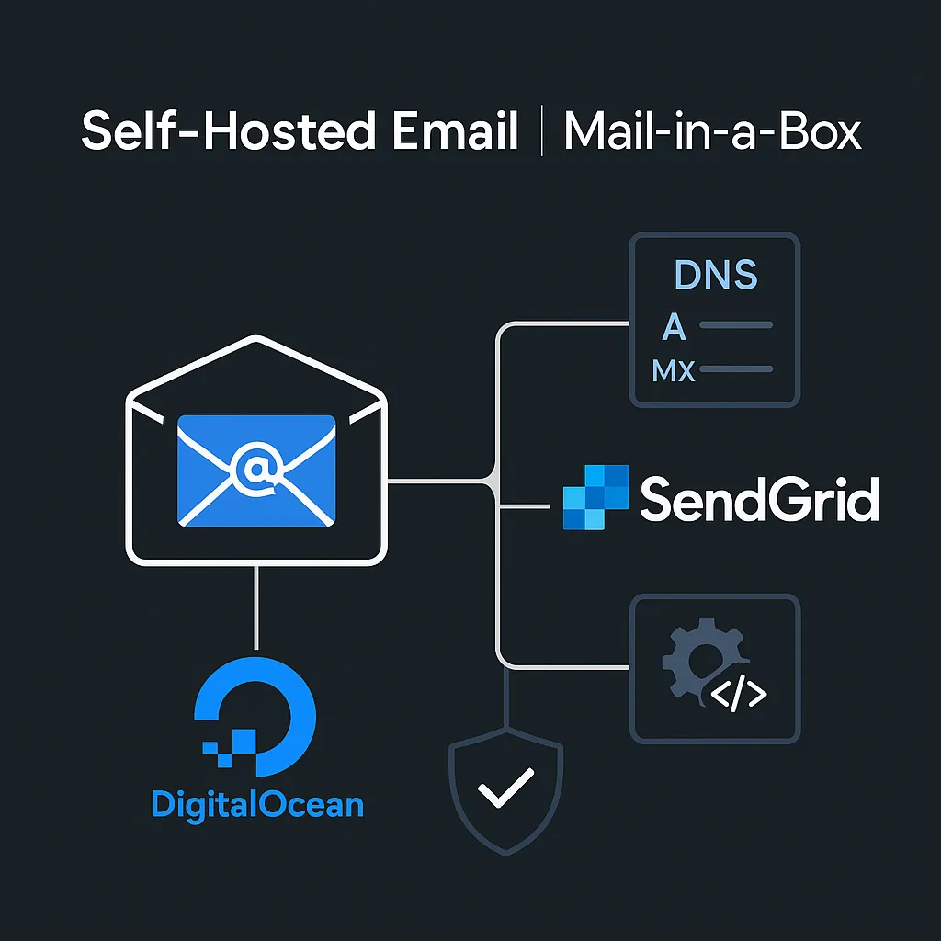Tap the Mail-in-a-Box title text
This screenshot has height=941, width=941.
pyautogui.click(x=713, y=131)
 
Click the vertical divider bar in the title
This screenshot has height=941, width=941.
pyautogui.click(x=542, y=131)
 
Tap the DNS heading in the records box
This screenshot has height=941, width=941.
pyautogui.click(x=715, y=276)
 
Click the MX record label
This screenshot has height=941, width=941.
pyautogui.click(x=674, y=370)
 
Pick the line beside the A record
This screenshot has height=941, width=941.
pyautogui.click(x=735, y=325)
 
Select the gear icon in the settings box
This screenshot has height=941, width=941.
pyautogui.click(x=697, y=662)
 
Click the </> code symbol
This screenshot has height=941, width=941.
pyautogui.click(x=740, y=696)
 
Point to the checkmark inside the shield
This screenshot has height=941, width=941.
pyautogui.click(x=505, y=788)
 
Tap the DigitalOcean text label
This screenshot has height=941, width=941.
pyautogui.click(x=257, y=805)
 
